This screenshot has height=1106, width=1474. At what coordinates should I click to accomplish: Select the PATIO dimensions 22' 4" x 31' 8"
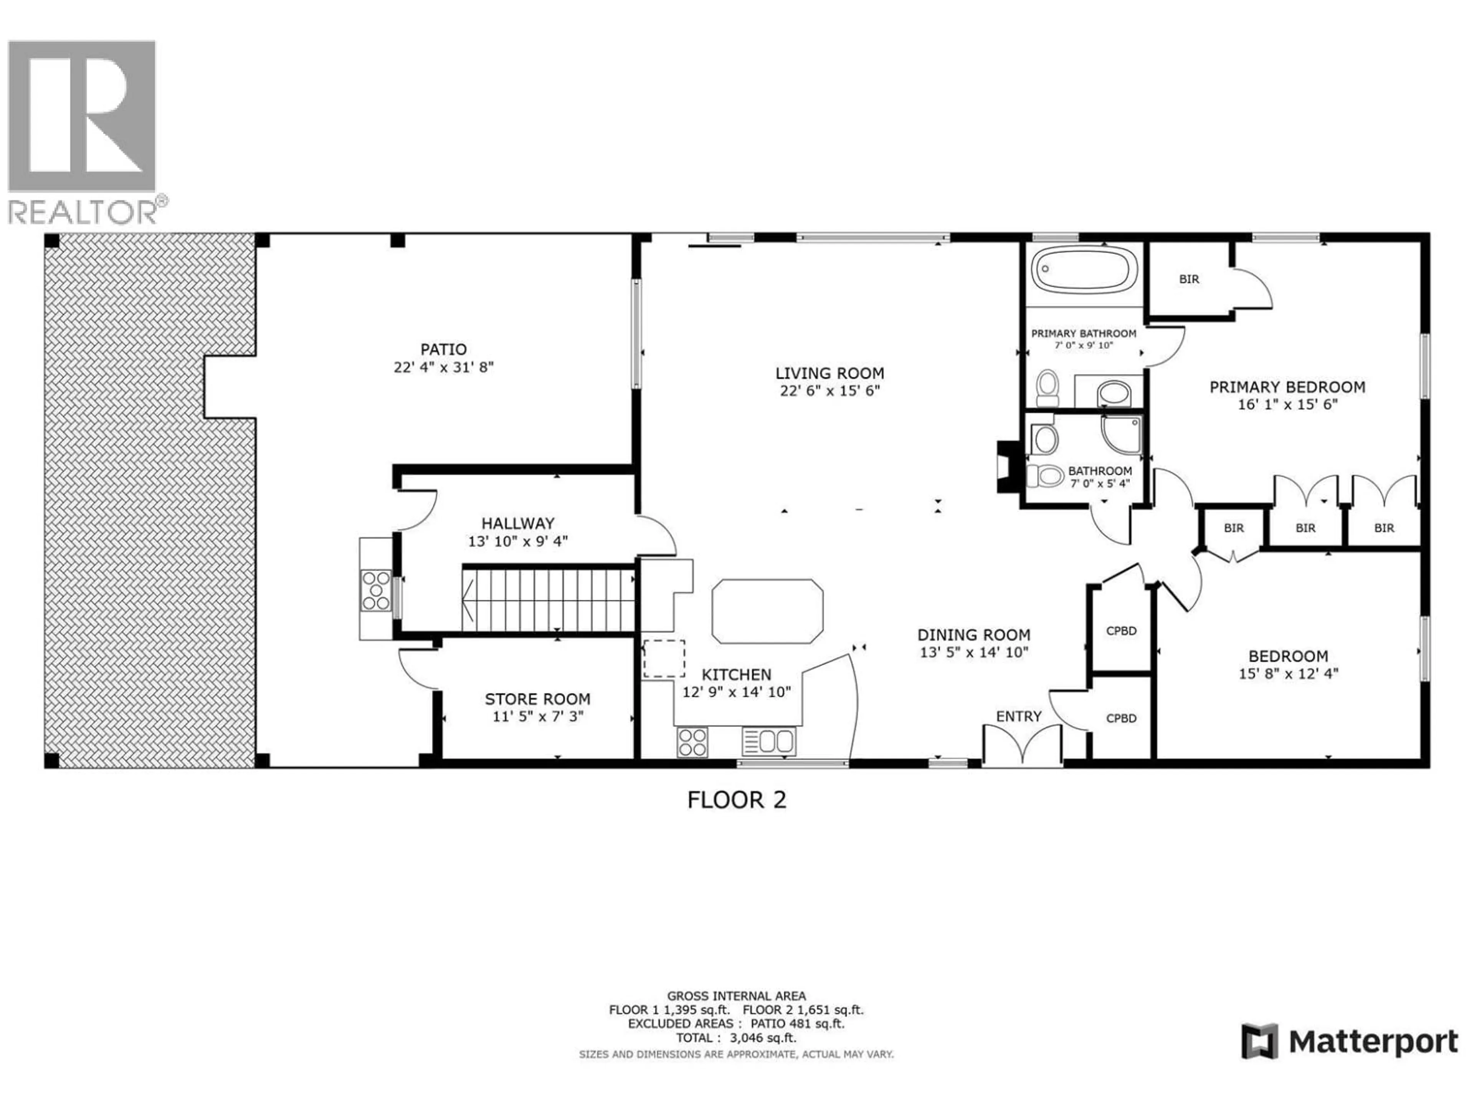[x=444, y=368]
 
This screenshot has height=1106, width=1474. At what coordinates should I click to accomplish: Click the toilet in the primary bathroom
[x=1048, y=388]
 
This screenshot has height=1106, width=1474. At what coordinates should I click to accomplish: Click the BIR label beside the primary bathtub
[x=1189, y=279]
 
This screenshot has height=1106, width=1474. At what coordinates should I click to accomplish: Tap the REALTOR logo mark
[x=82, y=117]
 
